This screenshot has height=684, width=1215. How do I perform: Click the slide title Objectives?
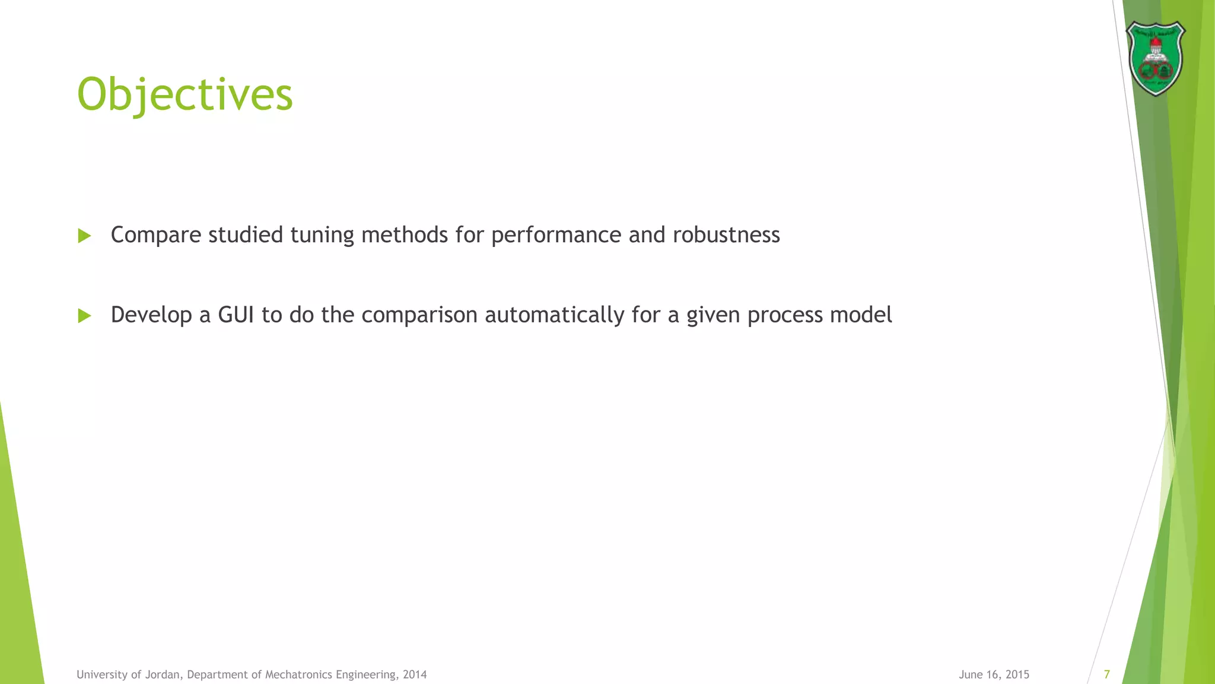[185, 95]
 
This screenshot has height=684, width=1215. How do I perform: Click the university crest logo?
[1155, 58]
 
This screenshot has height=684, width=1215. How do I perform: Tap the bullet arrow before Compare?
[84, 236]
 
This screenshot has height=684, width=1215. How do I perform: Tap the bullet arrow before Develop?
[84, 316]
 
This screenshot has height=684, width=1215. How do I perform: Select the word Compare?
[156, 236]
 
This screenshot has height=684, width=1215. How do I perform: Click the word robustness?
[726, 235]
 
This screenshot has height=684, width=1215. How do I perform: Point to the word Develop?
[151, 315]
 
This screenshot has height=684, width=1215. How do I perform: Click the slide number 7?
[1106, 674]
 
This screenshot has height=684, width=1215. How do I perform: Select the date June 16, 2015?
[994, 674]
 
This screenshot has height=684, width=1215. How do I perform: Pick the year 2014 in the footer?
[415, 674]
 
